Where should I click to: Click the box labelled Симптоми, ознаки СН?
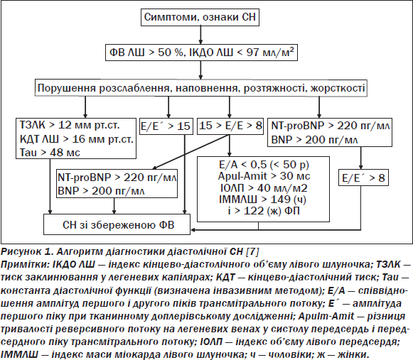click(200, 17)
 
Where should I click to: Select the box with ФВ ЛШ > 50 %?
click(201, 53)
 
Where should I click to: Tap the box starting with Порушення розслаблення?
click(201, 88)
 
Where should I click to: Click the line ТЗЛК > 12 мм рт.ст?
click(70, 125)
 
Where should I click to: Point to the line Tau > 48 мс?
click(50, 153)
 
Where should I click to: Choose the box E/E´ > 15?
click(166, 126)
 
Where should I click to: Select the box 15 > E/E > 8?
click(230, 126)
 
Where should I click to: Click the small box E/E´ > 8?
click(363, 178)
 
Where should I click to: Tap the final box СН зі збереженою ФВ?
click(117, 224)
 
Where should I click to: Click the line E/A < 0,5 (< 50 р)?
click(264, 165)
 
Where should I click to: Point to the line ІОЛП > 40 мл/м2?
click(264, 188)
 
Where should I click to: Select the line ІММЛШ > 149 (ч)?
click(262, 200)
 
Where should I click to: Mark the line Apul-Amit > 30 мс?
click(264, 176)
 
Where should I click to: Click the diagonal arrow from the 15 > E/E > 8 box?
click(191, 152)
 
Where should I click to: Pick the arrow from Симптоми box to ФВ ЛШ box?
click(200, 35)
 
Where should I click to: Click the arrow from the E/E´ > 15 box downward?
click(185, 174)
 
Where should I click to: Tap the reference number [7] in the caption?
click(252, 251)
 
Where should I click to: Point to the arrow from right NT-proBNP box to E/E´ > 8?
click(361, 158)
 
